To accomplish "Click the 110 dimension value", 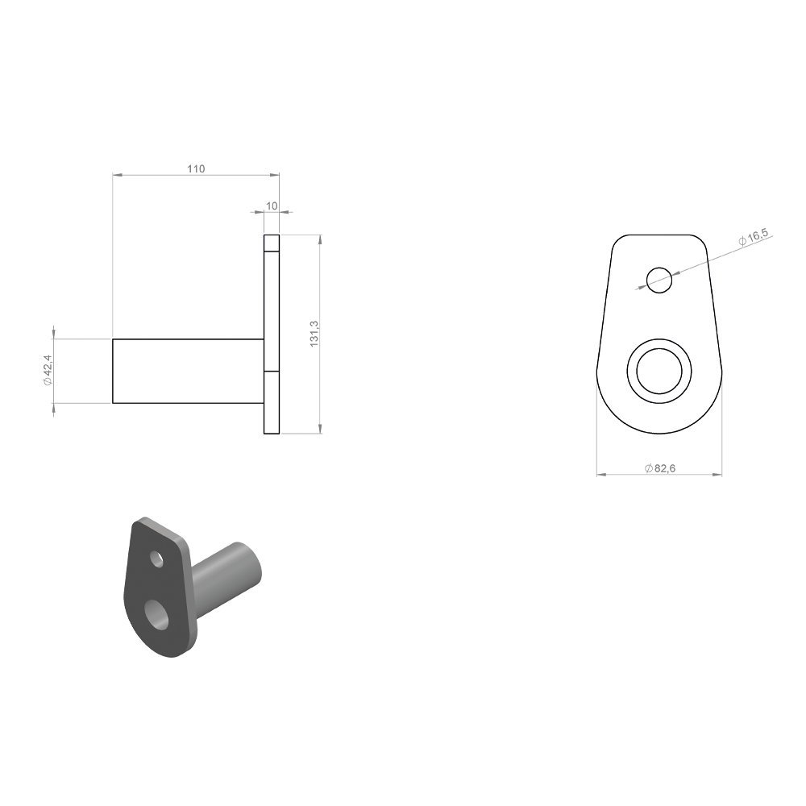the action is click(x=196, y=168).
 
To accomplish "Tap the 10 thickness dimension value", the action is click(x=272, y=206).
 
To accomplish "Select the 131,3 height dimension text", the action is click(x=314, y=334).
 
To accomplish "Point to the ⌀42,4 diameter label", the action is click(x=48, y=370).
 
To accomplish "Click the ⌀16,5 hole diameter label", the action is click(x=753, y=237).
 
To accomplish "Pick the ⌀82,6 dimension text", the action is click(x=660, y=468).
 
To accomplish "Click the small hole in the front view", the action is click(x=659, y=280).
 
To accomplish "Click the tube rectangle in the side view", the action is click(x=188, y=371).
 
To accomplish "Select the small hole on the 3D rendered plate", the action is click(x=157, y=559).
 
